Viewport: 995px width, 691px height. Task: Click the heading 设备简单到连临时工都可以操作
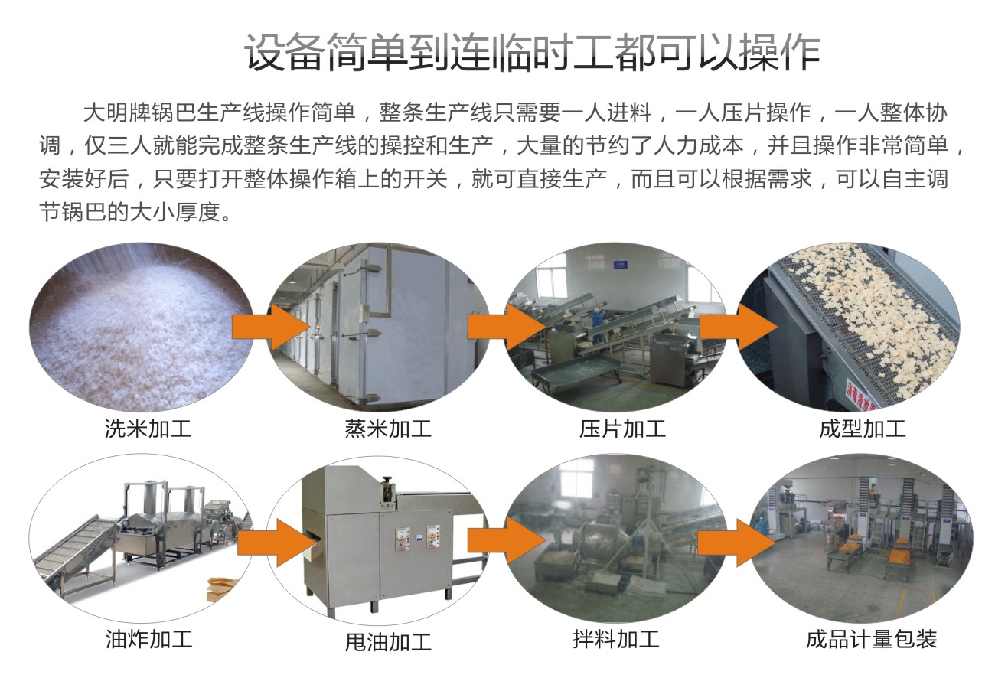532,53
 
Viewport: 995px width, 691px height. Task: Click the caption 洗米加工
148,429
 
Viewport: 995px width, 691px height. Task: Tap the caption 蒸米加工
388,429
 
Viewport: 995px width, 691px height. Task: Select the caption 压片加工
622,429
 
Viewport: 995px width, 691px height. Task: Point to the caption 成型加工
862,429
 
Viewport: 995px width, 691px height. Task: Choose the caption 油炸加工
148,639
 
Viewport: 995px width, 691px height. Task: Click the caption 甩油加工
388,641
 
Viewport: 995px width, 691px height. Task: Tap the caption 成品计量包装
871,639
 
